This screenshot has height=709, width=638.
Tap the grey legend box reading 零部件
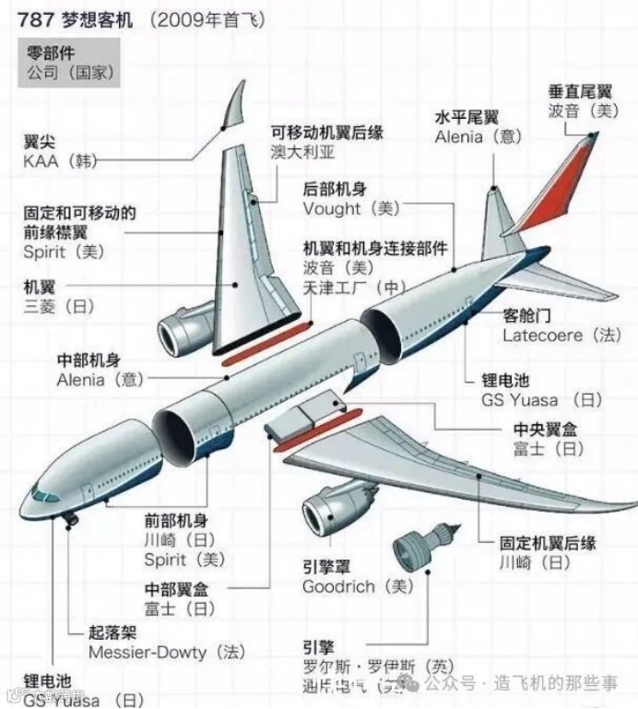click(57, 63)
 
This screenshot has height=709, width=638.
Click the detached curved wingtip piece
click(237, 106)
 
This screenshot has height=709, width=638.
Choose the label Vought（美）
click(351, 208)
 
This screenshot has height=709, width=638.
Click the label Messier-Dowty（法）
click(167, 652)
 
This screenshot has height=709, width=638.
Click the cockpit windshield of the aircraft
click(45, 494)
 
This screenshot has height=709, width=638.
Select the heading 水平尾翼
click(467, 118)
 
